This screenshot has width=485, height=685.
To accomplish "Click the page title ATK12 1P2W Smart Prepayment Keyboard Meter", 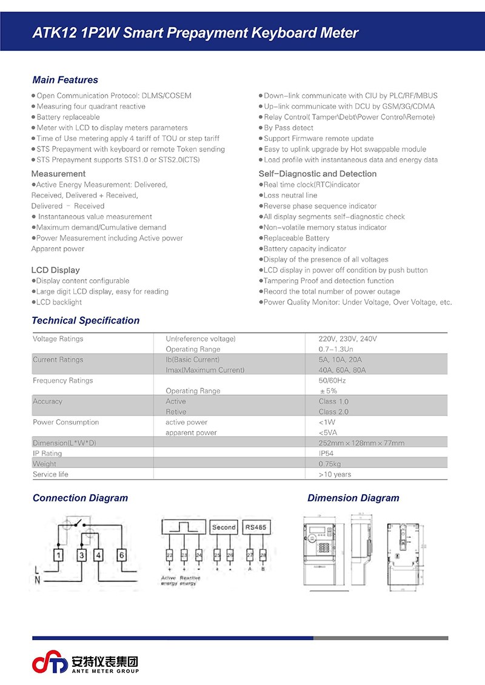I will coord(195,33).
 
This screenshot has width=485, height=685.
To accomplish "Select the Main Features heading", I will coord(65,80).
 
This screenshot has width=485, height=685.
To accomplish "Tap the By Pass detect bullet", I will coord(288,128).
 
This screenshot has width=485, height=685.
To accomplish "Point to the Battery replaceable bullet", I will coord(68,117).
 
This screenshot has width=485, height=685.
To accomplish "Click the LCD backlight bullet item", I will coord(59,302).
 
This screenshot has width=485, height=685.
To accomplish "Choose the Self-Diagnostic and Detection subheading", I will coord(317,174).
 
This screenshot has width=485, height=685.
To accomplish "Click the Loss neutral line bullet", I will coord(290,196).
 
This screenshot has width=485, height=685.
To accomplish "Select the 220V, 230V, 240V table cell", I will coord(347,339).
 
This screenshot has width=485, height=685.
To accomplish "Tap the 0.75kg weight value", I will coord(331,464).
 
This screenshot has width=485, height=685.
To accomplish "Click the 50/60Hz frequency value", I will coord(332,380).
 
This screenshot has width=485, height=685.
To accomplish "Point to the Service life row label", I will coord(50,474).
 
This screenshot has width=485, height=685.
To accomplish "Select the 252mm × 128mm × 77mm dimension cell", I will coord(361,443).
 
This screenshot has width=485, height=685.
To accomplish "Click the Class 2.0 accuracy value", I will coord(333,412).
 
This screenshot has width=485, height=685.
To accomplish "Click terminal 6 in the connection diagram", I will coord(121,555).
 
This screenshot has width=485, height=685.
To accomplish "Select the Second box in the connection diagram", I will coord(224,527).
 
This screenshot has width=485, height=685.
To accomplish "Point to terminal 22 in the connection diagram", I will coord(169,555).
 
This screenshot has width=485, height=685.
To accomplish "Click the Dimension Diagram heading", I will coord(353,498).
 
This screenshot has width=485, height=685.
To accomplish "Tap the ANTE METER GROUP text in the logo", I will coord(105,670).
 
